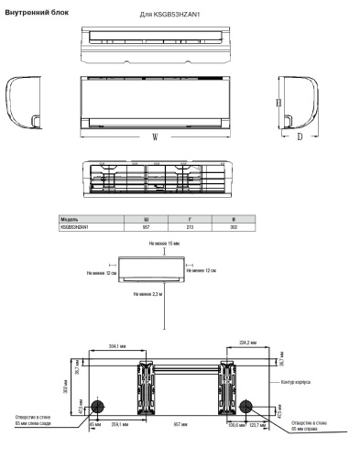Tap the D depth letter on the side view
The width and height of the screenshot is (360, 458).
coord(300,136)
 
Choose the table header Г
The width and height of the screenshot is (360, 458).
coord(190,220)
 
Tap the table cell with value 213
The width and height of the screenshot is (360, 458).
coord(190,226)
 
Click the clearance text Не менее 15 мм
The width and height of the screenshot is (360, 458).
coord(165,244)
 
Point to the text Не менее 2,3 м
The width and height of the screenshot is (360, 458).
coord(147,293)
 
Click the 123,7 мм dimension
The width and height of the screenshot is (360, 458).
coord(263,425)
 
